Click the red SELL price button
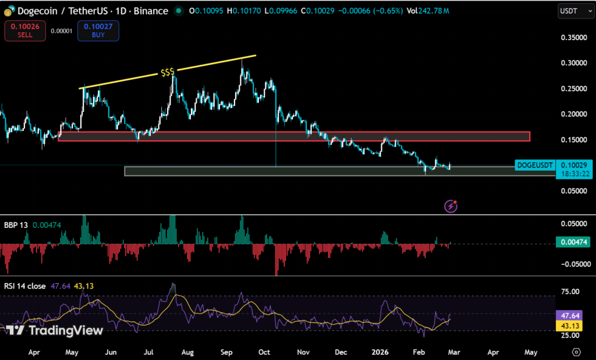[x=24, y=31]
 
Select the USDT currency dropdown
[x=572, y=11]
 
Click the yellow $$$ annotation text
[x=168, y=73]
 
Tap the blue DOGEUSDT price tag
[x=534, y=166]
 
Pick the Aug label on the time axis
[x=187, y=352]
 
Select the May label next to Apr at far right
[x=531, y=352]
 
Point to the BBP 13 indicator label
[x=16, y=224]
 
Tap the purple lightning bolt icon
[x=450, y=205]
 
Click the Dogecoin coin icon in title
[x=9, y=11]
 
